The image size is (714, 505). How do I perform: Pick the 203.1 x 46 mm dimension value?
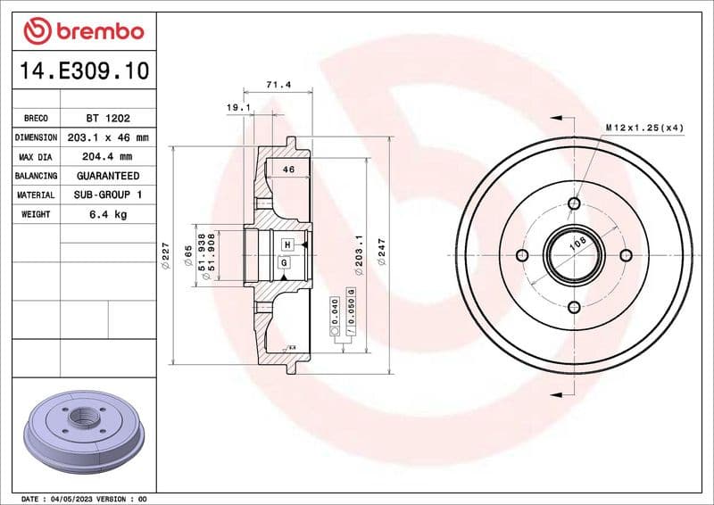(x=107, y=137)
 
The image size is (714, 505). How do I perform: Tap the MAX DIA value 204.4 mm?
(x=107, y=157)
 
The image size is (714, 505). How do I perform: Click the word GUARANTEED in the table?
(x=107, y=176)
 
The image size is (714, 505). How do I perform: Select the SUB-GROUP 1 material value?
(x=107, y=195)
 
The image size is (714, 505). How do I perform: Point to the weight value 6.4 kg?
(x=107, y=214)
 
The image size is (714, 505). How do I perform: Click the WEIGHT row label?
(x=36, y=214)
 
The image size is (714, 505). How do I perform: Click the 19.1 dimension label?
(x=237, y=107)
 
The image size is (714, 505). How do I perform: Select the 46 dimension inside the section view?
(x=288, y=169)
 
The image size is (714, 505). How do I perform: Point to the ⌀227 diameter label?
(x=165, y=256)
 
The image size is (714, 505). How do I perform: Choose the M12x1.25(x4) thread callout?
(x=644, y=128)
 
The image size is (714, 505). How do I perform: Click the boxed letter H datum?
(x=287, y=244)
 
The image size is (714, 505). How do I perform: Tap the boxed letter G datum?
(x=284, y=262)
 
